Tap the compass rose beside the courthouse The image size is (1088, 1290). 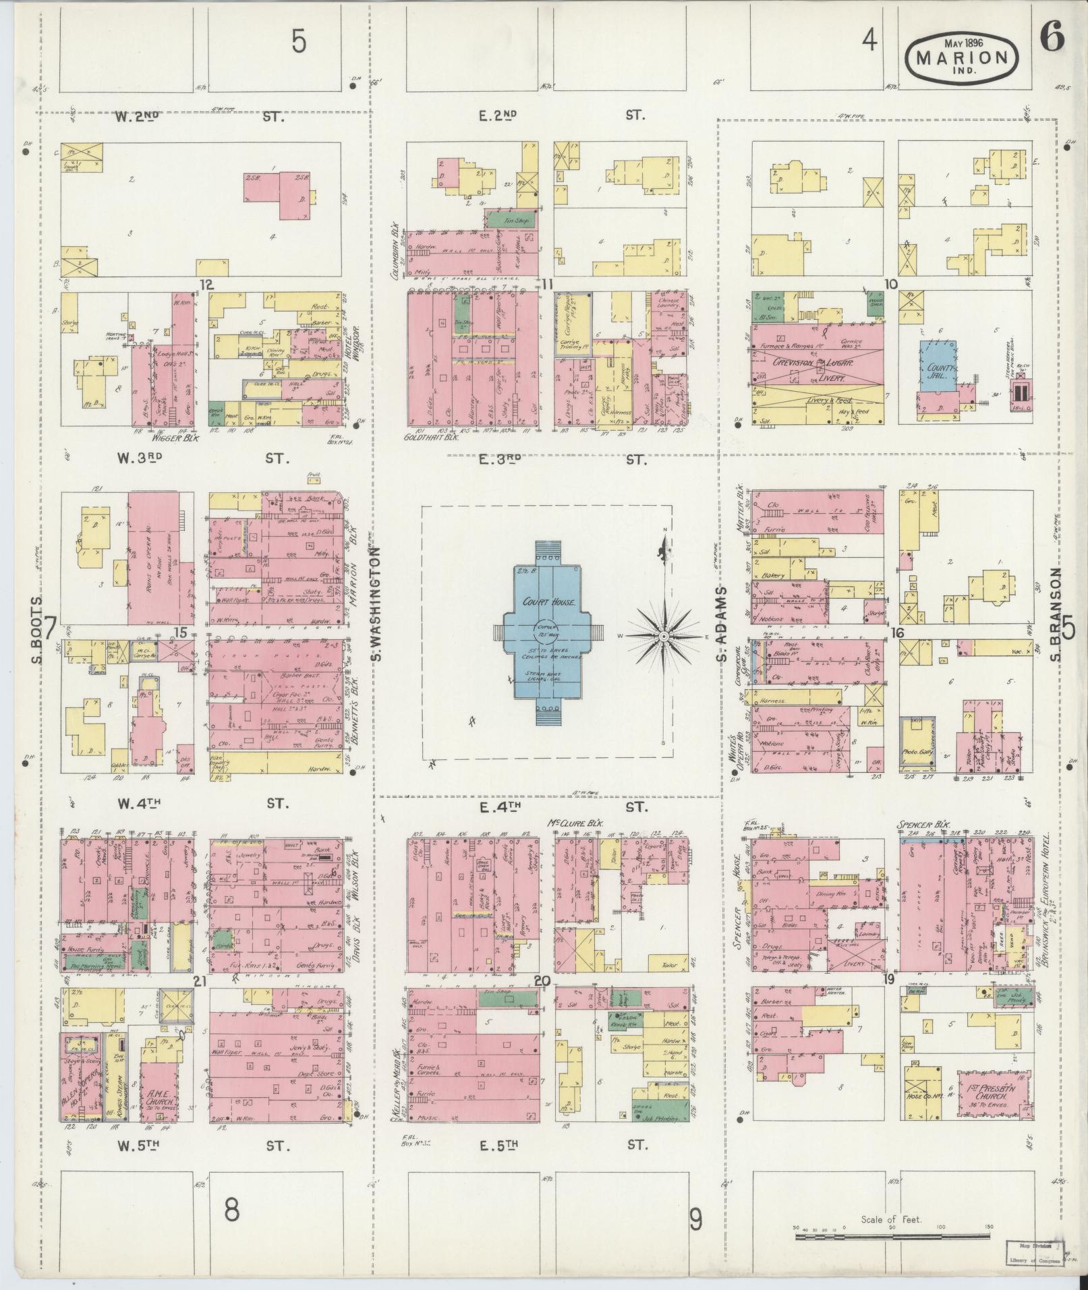(x=664, y=636)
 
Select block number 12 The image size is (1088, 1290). (x=206, y=285)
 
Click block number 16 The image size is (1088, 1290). (x=896, y=633)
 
